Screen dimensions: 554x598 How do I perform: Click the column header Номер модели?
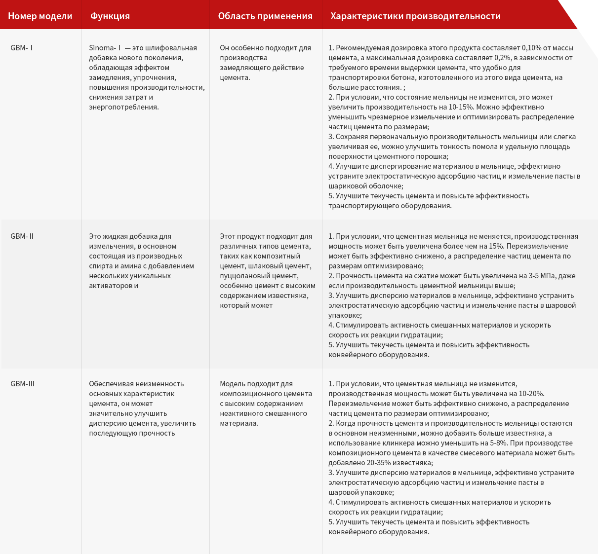tap(40, 16)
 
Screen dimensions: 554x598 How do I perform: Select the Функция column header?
tap(110, 16)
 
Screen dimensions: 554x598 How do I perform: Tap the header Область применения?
tap(265, 16)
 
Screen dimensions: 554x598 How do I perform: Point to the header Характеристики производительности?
tap(415, 16)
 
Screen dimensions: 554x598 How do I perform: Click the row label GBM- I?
tap(22, 48)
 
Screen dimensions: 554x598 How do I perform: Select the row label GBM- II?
tap(22, 236)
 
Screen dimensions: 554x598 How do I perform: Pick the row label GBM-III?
tap(23, 384)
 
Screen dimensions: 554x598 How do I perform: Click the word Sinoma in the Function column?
tap(102, 48)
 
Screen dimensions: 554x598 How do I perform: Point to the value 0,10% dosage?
tap(532, 48)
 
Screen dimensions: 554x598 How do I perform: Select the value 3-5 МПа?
tap(544, 276)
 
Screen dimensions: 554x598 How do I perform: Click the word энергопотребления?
tap(123, 107)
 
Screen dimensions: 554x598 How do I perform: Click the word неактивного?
tap(241, 413)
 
